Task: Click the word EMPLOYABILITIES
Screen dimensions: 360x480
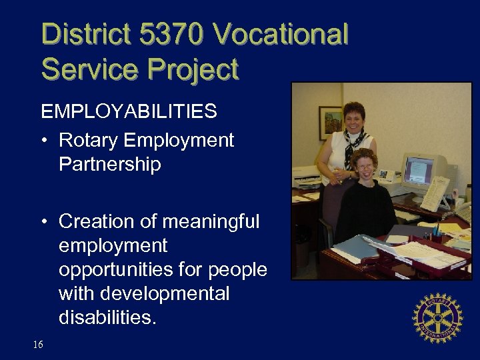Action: [129, 111]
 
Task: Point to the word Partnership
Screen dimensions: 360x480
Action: [110, 164]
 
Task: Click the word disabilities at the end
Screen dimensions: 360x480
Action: [107, 317]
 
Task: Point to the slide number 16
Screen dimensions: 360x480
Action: [38, 344]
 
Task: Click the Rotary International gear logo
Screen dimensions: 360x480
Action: [437, 317]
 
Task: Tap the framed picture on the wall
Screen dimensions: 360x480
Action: [330, 123]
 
